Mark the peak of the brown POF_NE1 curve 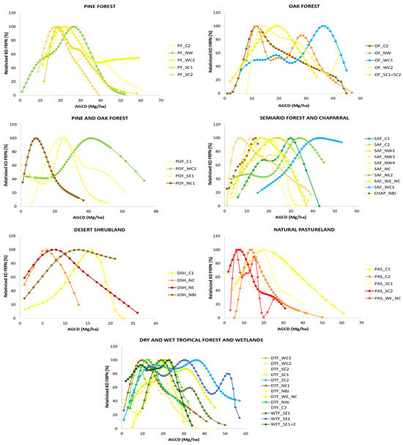[35, 138]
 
